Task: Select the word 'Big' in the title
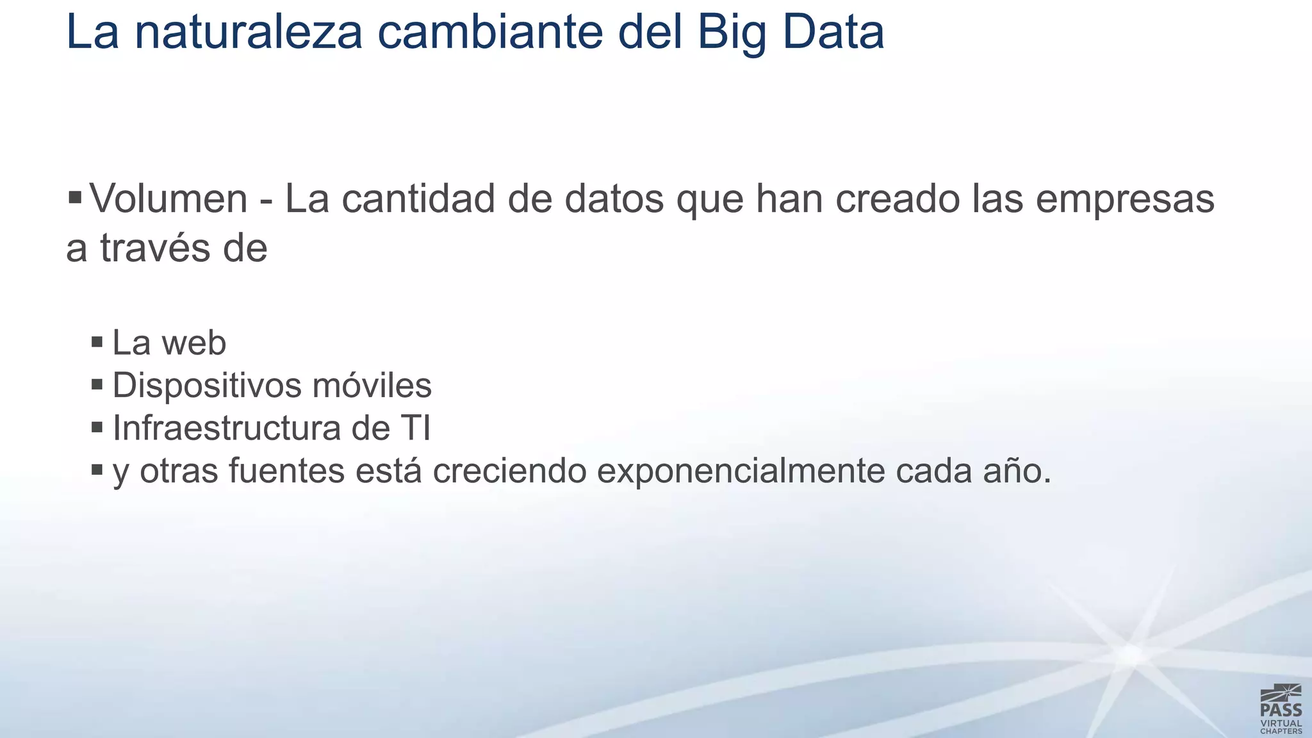pos(732,33)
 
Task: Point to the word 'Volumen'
pos(168,199)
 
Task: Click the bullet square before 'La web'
pos(97,341)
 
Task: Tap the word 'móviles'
pos(372,386)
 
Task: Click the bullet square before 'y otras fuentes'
pos(97,470)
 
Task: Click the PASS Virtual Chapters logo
pos(1281,709)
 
